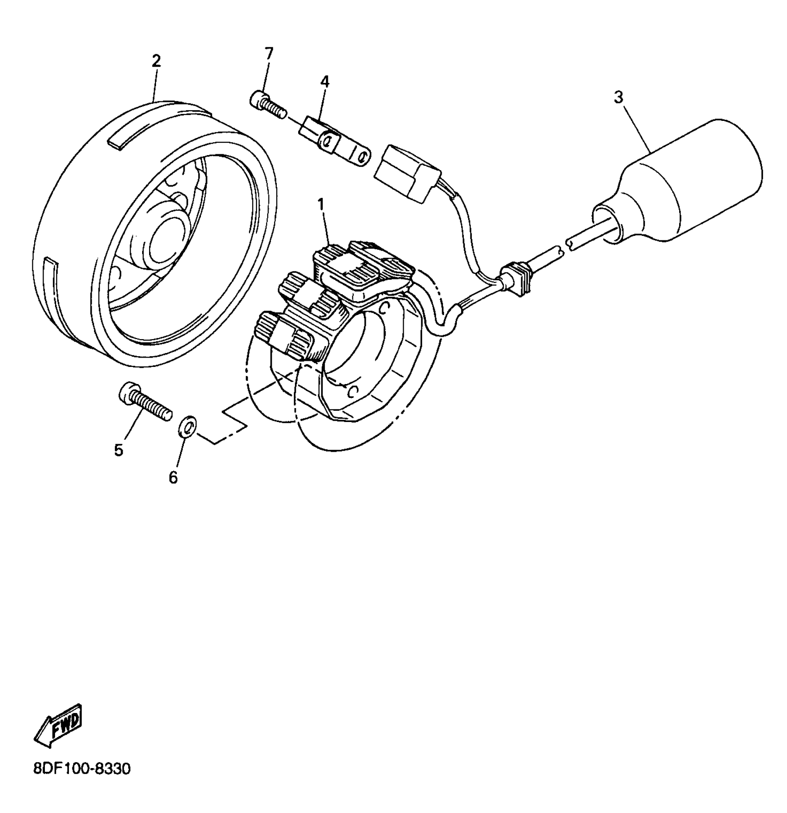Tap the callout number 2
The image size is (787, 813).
pos(156,61)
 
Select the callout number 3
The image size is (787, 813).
pos(618,98)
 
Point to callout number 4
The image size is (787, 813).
pos(325,82)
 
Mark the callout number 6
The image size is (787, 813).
pos(173,477)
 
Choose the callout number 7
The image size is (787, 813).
pos(269,53)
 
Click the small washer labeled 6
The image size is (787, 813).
pos(187,426)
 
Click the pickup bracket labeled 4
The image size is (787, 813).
pos(333,142)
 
